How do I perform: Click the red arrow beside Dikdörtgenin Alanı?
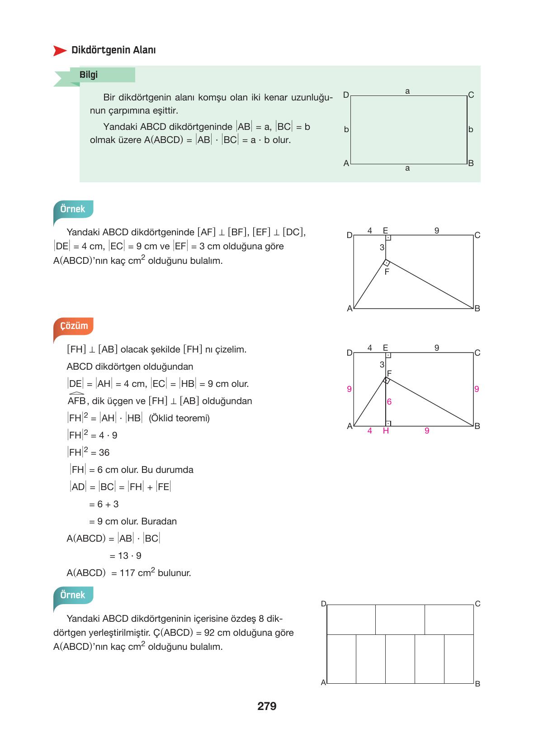pos(60,51)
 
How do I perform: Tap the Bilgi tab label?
pos(89,75)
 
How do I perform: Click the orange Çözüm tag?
pos(74,326)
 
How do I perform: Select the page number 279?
pos(267,706)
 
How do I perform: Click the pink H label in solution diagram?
pos(386,431)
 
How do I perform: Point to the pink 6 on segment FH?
pos(389,402)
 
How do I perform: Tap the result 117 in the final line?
pos(127,573)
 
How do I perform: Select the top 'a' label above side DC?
pos(407,91)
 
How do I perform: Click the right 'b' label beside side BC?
pos(471,130)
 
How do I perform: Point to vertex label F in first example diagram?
pos(387,272)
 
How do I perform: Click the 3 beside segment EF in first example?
pos(382,248)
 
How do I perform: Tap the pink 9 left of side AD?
pos(349,389)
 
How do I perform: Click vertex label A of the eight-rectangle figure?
pos(323,683)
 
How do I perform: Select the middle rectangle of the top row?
pos(400,619)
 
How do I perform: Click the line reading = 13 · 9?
pos(126,556)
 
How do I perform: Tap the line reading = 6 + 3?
pos(104,505)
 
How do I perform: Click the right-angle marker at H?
pos(388,424)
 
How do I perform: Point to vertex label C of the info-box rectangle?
pos(471,95)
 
